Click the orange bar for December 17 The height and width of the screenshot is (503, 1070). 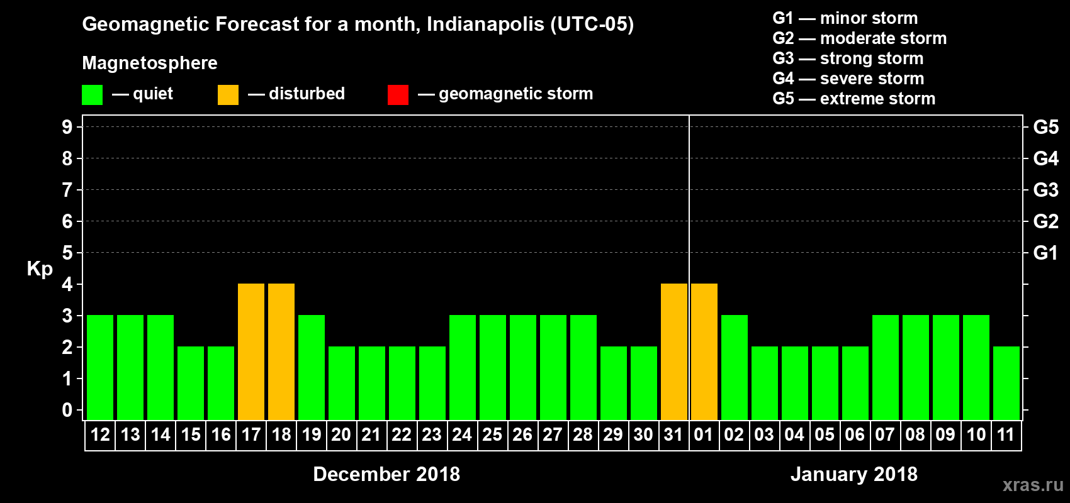tap(251, 351)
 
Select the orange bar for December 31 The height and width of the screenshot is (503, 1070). tap(674, 351)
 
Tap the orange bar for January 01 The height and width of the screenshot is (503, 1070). tap(704, 351)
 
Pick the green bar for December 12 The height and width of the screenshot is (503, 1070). tap(100, 367)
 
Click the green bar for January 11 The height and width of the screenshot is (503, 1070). tap(1006, 383)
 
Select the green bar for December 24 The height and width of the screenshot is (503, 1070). tap(463, 367)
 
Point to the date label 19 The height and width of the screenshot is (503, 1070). tap(312, 434)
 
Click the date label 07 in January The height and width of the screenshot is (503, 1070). tap(885, 434)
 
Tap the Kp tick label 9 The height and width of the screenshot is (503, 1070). tap(67, 127)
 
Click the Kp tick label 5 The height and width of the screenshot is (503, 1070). tap(67, 253)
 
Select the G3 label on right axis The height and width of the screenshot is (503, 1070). tap(1045, 190)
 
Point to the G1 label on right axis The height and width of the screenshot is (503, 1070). tap(1045, 253)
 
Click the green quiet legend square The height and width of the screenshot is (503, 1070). tap(93, 95)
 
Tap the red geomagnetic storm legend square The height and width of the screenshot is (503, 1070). tap(398, 95)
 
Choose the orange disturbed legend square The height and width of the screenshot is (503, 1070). tap(228, 95)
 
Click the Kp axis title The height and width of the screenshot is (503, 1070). tap(40, 268)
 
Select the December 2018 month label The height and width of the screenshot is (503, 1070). tap(386, 474)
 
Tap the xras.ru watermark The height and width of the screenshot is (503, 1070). tap(1032, 485)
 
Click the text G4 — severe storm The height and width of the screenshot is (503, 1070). tap(848, 79)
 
